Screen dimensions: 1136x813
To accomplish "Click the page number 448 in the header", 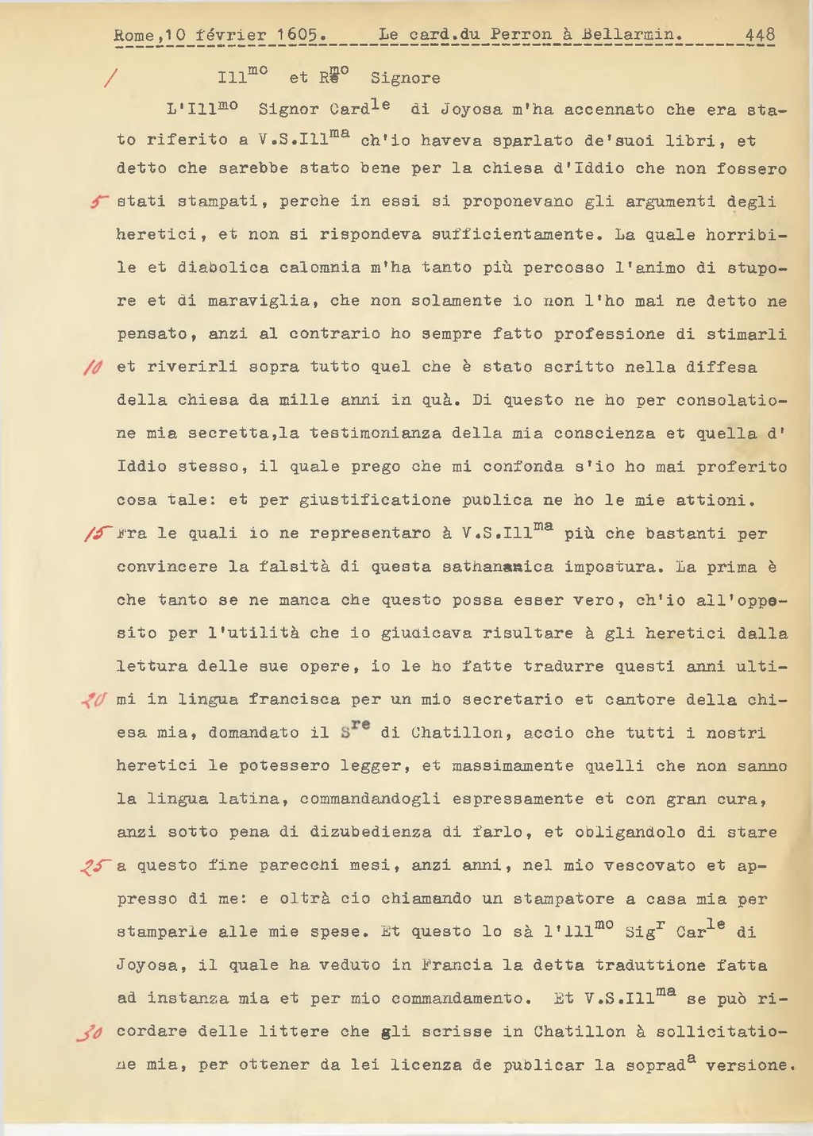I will pyautogui.click(x=760, y=35).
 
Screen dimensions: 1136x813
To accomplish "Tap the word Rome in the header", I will pyautogui.click(x=129, y=35).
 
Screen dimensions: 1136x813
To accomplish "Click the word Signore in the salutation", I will pyautogui.click(x=405, y=78).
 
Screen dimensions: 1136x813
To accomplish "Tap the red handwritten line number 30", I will pyautogui.click(x=90, y=1032).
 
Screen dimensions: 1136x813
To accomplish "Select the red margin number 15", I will pyautogui.click(x=94, y=533).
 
